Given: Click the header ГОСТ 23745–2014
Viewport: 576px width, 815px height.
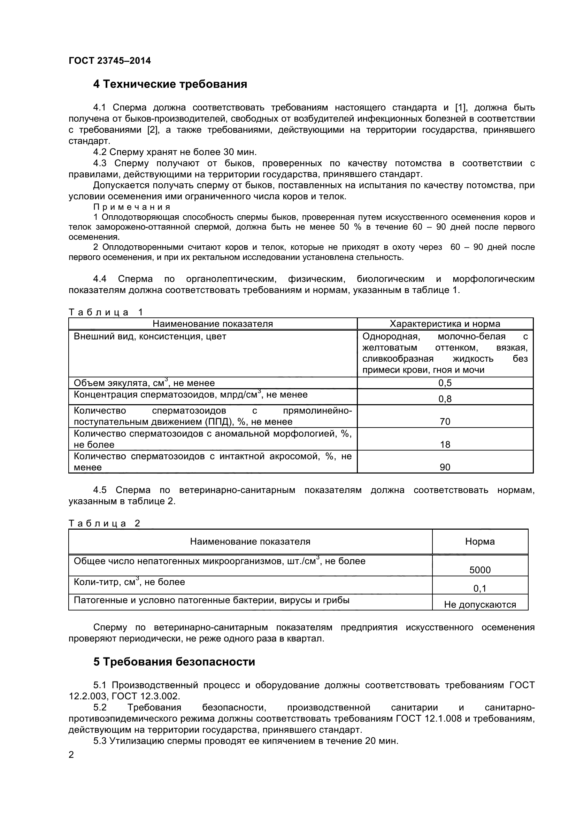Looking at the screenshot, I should click(x=110, y=61).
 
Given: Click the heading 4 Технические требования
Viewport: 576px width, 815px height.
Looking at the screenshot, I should click(x=170, y=84).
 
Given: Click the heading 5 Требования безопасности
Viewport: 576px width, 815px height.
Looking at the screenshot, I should click(x=174, y=662).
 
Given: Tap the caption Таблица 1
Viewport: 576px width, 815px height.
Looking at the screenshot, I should click(x=106, y=312).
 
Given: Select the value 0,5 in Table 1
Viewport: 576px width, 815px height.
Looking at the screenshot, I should click(x=445, y=383).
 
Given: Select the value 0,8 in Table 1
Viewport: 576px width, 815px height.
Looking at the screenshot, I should click(x=445, y=399).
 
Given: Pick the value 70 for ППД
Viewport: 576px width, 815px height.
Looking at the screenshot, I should click(x=445, y=422).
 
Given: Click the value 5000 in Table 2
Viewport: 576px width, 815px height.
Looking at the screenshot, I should click(x=480, y=570).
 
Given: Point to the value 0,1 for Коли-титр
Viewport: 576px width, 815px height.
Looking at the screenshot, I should click(x=480, y=589).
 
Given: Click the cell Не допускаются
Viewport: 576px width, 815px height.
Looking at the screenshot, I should click(x=480, y=605).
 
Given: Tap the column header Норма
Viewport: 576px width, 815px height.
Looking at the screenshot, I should click(x=480, y=542).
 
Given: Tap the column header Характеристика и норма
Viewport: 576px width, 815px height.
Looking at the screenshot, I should click(x=445, y=324).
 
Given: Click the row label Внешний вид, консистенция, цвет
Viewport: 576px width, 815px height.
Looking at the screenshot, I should click(x=150, y=336).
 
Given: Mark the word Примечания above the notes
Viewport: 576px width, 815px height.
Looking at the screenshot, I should click(x=132, y=207).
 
